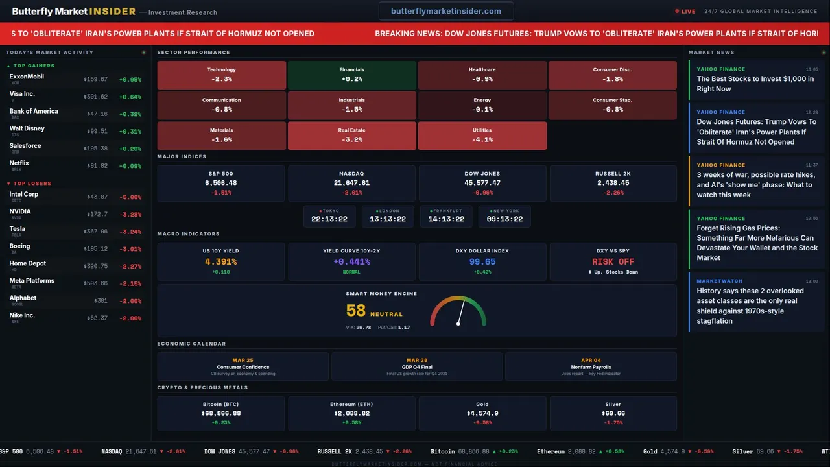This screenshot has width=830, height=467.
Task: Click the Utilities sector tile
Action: pyautogui.click(x=482, y=135)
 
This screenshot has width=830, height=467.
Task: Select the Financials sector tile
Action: pyautogui.click(x=351, y=75)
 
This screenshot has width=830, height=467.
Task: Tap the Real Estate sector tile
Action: pyautogui.click(x=351, y=135)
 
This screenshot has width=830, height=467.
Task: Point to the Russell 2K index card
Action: pyautogui.click(x=613, y=183)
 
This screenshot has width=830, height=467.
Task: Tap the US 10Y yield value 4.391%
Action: pyautogui.click(x=220, y=262)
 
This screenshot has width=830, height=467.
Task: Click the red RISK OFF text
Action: pyautogui.click(x=613, y=262)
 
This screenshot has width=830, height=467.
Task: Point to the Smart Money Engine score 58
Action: pyautogui.click(x=356, y=311)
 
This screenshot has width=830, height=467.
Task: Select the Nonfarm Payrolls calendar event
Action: pyautogui.click(x=591, y=366)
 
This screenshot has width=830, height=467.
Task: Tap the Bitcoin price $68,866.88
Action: pyautogui.click(x=221, y=413)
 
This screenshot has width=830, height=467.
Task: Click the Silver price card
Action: pyautogui.click(x=613, y=413)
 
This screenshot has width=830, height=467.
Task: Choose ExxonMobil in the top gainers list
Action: pyautogui.click(x=27, y=77)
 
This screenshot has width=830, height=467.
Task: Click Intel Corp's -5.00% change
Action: pyautogui.click(x=130, y=197)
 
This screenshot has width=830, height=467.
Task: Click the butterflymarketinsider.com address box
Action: pyautogui.click(x=446, y=11)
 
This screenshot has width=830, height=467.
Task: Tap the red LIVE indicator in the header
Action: pyautogui.click(x=685, y=11)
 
